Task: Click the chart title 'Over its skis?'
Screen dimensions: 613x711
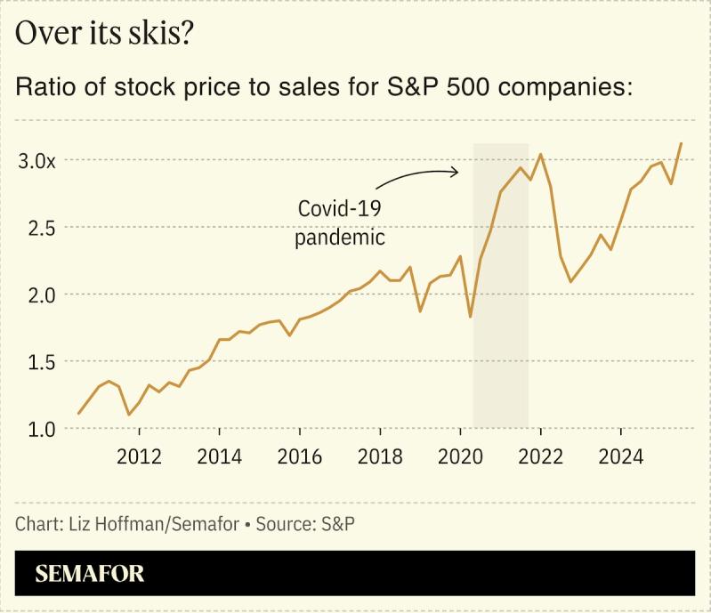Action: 106,34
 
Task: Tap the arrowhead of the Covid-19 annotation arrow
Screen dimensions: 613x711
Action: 456,172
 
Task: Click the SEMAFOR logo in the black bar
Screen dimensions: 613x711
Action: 90,574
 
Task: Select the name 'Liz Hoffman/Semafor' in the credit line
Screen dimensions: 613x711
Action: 153,524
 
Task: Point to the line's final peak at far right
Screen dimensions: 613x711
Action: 682,143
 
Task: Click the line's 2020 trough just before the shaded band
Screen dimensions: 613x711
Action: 470,317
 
